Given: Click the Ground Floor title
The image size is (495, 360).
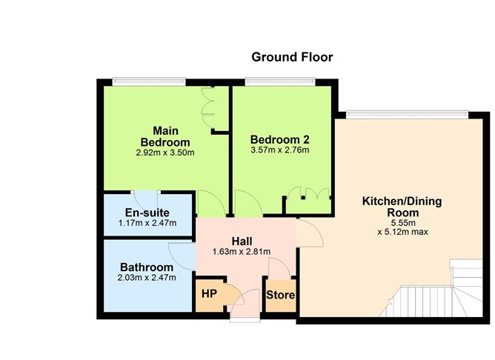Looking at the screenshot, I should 292,56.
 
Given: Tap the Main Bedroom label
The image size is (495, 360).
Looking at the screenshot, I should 165,136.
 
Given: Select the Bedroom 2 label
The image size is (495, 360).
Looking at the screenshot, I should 279,139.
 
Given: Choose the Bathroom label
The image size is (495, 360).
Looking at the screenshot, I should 147,267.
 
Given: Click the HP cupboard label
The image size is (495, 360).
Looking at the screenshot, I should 209,293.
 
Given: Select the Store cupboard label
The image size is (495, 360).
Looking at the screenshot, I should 281,296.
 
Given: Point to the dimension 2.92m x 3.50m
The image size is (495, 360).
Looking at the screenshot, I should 165,153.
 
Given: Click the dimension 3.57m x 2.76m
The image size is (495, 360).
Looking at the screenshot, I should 279,150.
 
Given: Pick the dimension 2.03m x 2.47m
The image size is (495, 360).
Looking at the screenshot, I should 147,278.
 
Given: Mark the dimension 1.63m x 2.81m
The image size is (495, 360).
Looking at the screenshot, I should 243,252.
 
